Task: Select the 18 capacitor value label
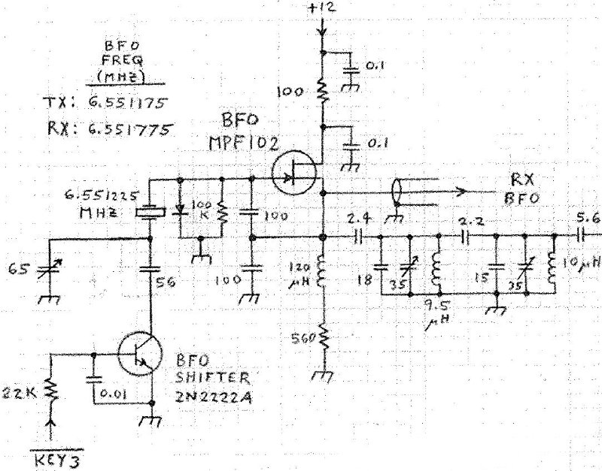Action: click(366, 279)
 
